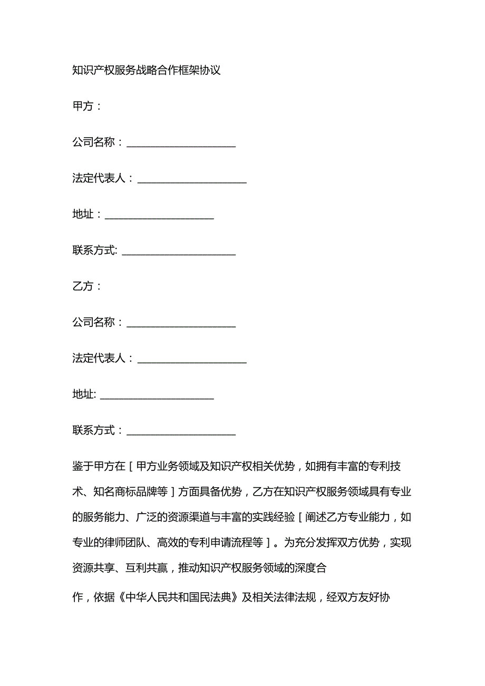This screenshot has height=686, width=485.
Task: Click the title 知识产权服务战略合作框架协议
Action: click(x=146, y=70)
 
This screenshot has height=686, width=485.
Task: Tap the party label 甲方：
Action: click(x=86, y=106)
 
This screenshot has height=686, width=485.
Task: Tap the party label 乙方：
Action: click(x=86, y=286)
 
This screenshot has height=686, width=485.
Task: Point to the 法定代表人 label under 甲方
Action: click(x=99, y=178)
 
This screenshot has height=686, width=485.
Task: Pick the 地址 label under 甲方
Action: click(x=83, y=214)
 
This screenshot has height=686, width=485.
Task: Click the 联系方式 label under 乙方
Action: click(x=94, y=430)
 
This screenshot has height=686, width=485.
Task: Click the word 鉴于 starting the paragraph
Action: click(x=83, y=467)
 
